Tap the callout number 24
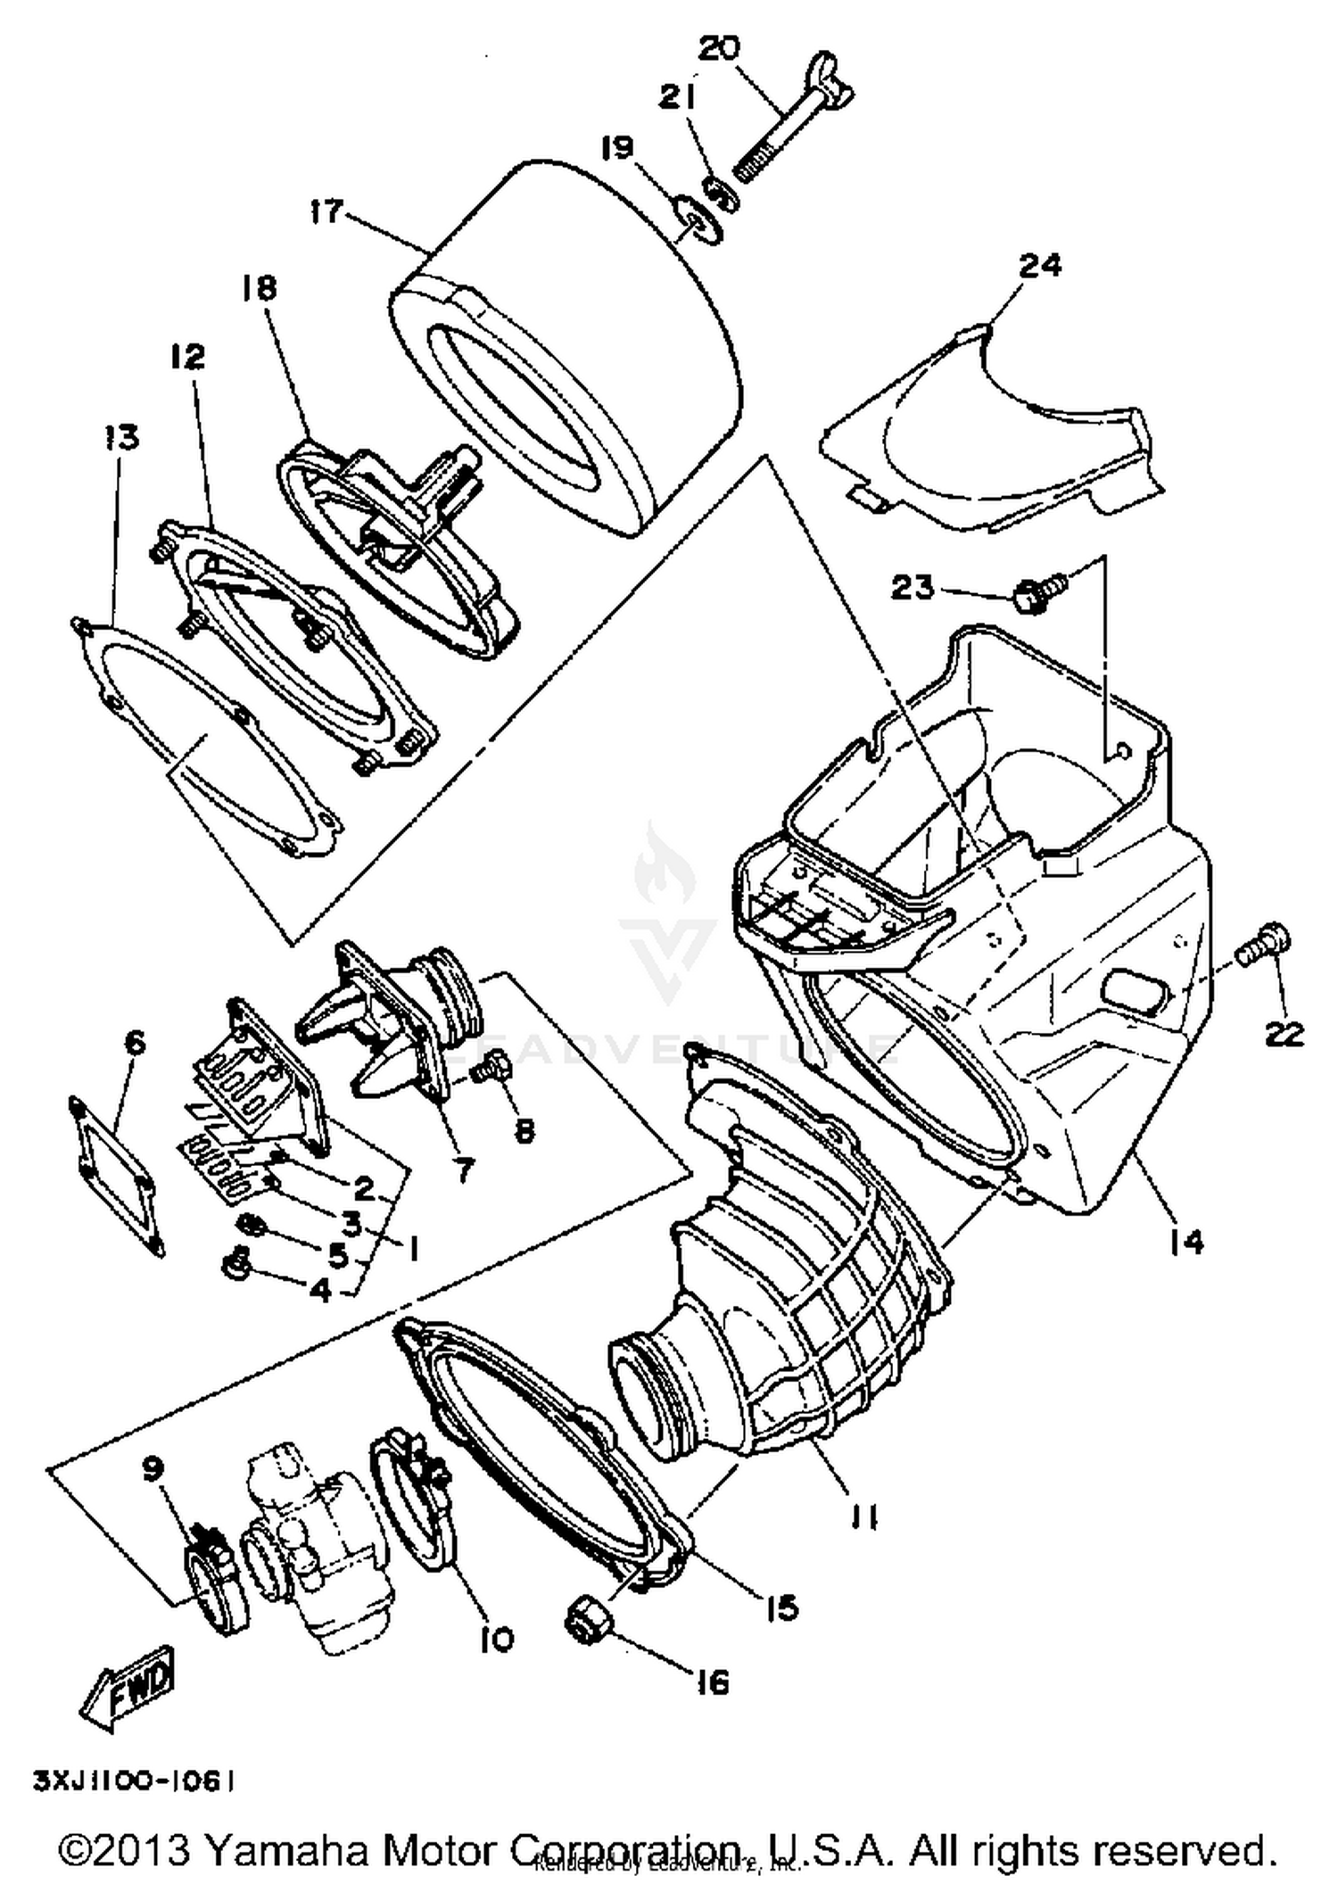point(1040,265)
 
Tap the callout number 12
point(188,357)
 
